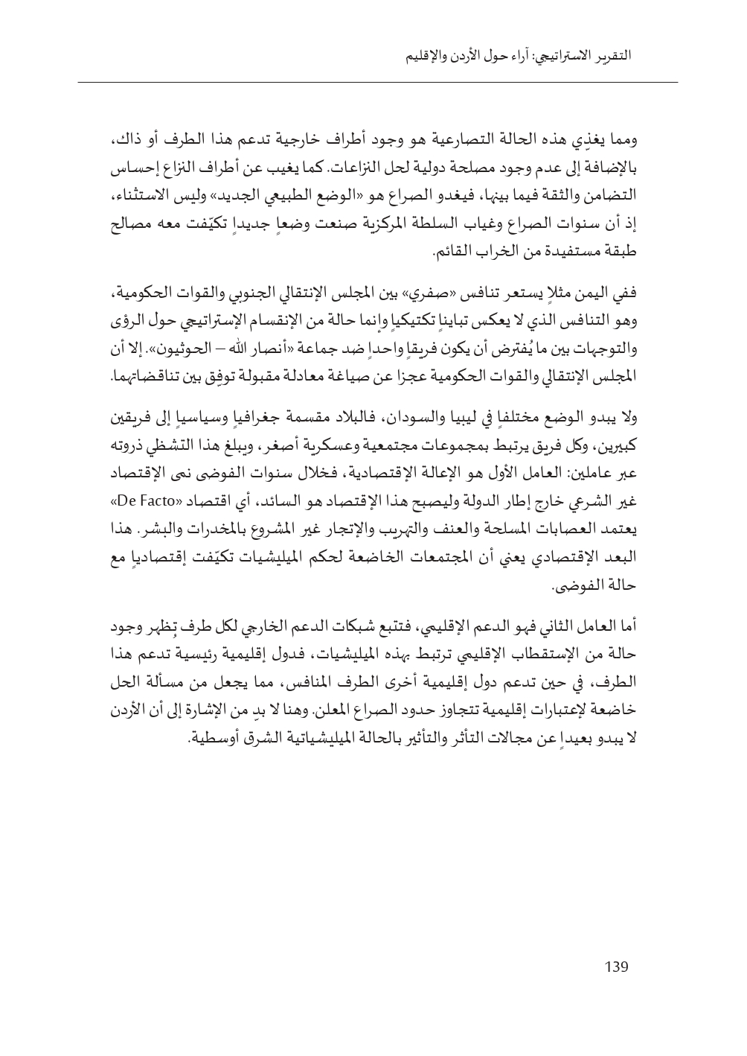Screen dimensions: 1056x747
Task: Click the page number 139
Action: pos(616,967)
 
